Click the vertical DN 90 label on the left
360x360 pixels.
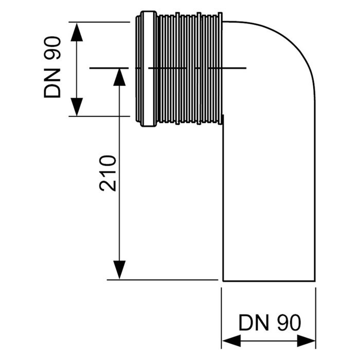[52, 67]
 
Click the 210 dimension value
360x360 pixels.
[109, 173]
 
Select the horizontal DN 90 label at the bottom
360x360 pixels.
[269, 323]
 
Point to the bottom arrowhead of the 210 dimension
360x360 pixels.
[119, 270]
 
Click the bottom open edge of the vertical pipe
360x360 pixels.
[268, 281]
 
